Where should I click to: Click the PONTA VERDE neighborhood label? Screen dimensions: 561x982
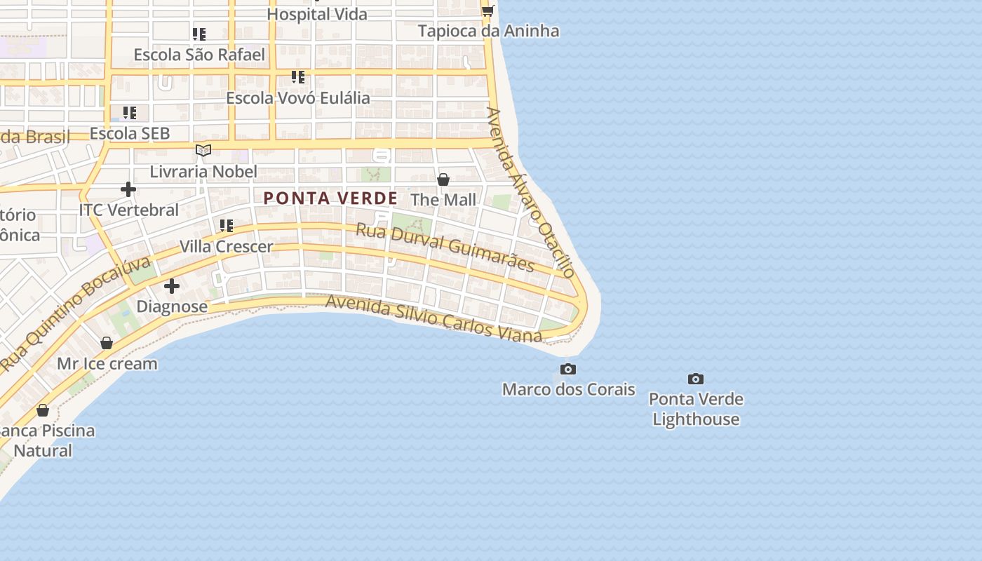pos(330,198)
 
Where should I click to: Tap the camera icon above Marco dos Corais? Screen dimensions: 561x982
pos(568,369)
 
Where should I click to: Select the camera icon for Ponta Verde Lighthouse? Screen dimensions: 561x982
pos(696,379)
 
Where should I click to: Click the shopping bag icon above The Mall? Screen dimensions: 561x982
pos(443,180)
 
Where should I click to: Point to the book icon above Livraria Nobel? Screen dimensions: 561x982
pos(203,150)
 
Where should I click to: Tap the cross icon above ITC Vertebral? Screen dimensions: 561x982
pos(128,189)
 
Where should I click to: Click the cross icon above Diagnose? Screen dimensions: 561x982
pos(172,286)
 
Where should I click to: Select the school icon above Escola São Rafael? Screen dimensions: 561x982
pos(199,34)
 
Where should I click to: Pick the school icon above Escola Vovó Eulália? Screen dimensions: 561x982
pos(298,76)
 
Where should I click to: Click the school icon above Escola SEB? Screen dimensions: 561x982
pos(130,112)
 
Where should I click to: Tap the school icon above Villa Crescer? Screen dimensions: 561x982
pos(226,225)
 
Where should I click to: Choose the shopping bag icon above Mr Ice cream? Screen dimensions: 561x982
pos(107,343)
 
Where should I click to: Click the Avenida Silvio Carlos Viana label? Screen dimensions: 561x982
pos(434,319)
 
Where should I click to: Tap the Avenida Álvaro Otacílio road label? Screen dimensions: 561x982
pos(531,192)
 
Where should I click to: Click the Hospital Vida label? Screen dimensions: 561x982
pos(317,14)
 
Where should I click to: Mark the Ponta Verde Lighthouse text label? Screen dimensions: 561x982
pos(696,409)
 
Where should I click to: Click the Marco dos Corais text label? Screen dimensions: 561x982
pos(569,389)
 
